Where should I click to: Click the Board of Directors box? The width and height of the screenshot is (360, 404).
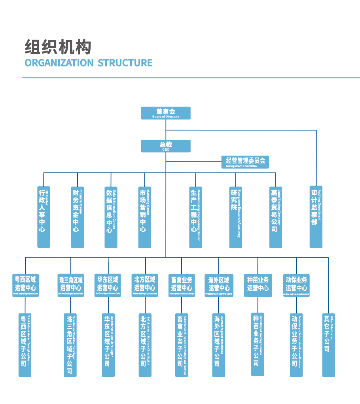[166, 113]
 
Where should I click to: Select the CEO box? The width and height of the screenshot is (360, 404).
[166, 146]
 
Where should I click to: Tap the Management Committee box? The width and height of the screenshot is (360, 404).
[245, 162]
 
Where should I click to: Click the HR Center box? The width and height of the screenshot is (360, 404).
[44, 217]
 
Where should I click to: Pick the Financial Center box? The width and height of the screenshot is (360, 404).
[78, 217]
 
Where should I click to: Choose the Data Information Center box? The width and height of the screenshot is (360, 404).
[111, 217]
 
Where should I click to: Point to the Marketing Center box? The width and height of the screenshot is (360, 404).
[145, 217]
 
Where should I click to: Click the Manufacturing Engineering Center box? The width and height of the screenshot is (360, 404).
[195, 217]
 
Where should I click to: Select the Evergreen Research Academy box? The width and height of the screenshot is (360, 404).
[236, 217]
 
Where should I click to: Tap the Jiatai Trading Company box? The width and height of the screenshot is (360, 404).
[276, 217]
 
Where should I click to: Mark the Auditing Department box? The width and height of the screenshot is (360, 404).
[316, 217]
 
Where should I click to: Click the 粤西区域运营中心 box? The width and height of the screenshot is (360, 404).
[25, 285]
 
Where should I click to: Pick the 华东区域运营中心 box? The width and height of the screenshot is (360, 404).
[108, 285]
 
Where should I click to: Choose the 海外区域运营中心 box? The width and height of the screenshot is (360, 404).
[219, 285]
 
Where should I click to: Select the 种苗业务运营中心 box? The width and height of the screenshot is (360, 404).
[258, 285]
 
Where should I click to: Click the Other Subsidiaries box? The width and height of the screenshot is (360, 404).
[328, 344]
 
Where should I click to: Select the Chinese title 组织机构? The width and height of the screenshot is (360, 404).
[58, 47]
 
